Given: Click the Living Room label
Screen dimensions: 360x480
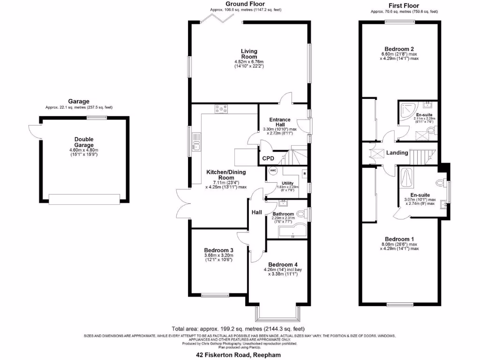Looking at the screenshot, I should tap(249, 54).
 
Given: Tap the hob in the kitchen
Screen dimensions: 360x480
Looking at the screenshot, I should tap(220, 110).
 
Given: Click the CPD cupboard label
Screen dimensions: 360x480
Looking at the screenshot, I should tap(268, 158).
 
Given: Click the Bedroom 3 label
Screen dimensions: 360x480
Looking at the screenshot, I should tap(218, 250).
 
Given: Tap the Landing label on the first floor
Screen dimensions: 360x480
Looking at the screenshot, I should tap(396, 153).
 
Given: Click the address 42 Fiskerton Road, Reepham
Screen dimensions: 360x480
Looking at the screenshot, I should tap(238, 355).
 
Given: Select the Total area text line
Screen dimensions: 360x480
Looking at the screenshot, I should tap(239, 329).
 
